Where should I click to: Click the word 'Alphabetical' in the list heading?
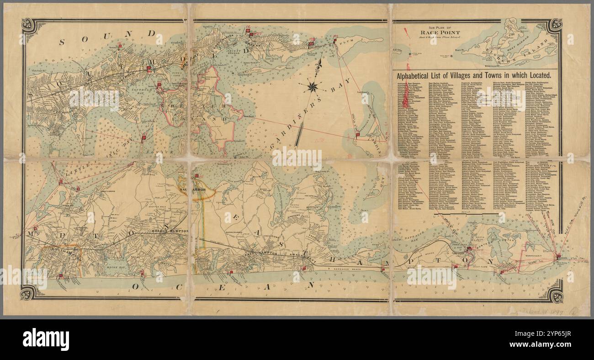[x=417, y=76]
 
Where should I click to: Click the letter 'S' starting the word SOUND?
[x=62, y=42]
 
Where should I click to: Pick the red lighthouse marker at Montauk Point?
[x=558, y=257]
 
